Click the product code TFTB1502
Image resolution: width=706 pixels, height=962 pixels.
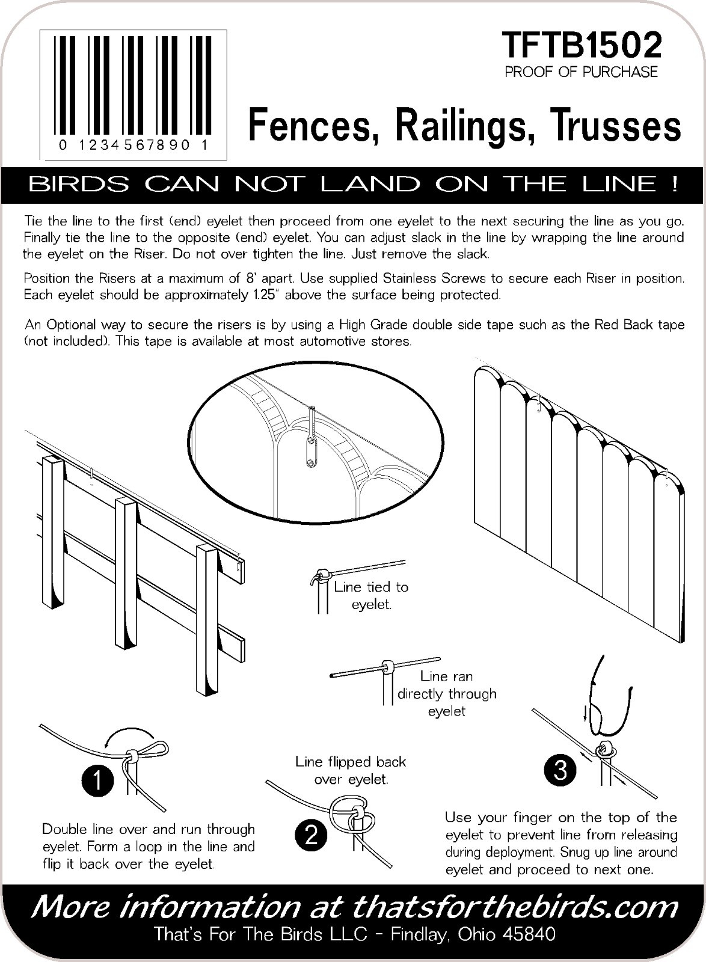point(582,45)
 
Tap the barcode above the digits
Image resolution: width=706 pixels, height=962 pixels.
point(134,84)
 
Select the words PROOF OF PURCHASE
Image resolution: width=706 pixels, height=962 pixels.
point(581,72)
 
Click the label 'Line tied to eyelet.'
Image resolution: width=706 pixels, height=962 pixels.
point(371,595)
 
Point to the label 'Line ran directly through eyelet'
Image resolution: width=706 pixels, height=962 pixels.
point(447,693)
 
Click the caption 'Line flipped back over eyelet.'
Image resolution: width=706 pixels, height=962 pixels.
point(351,770)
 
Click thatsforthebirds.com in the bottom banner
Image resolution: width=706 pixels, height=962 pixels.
point(514,907)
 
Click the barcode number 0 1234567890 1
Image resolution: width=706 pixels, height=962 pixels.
point(134,146)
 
